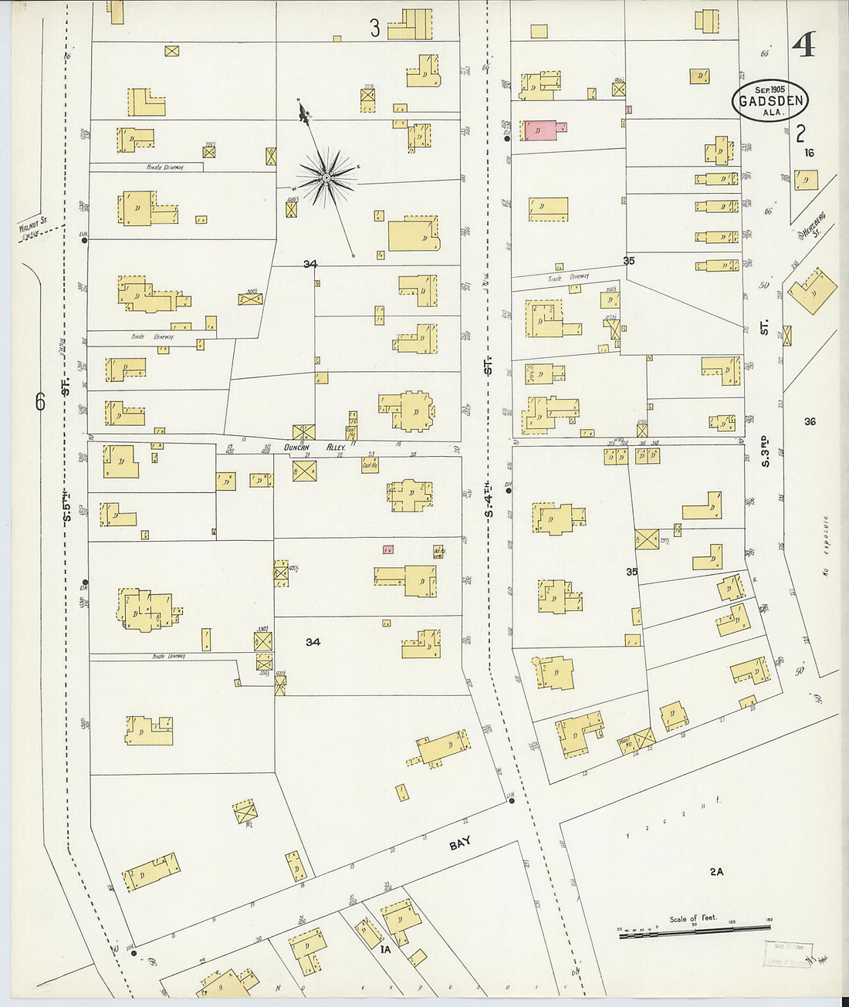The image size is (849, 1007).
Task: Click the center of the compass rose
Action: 326,178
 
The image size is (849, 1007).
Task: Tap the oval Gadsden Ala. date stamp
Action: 771,100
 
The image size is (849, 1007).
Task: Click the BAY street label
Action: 460,844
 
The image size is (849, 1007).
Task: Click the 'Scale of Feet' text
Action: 692,918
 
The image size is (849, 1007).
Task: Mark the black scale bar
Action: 695,934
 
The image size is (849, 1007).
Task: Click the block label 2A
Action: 716,871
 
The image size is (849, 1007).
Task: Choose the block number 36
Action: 810,421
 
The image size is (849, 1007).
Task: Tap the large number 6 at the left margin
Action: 40,401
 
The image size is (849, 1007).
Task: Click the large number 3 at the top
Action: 375,29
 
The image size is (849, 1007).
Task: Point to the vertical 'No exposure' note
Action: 825,546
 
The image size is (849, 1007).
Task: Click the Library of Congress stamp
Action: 787,954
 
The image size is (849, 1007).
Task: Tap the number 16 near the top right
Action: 808,153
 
